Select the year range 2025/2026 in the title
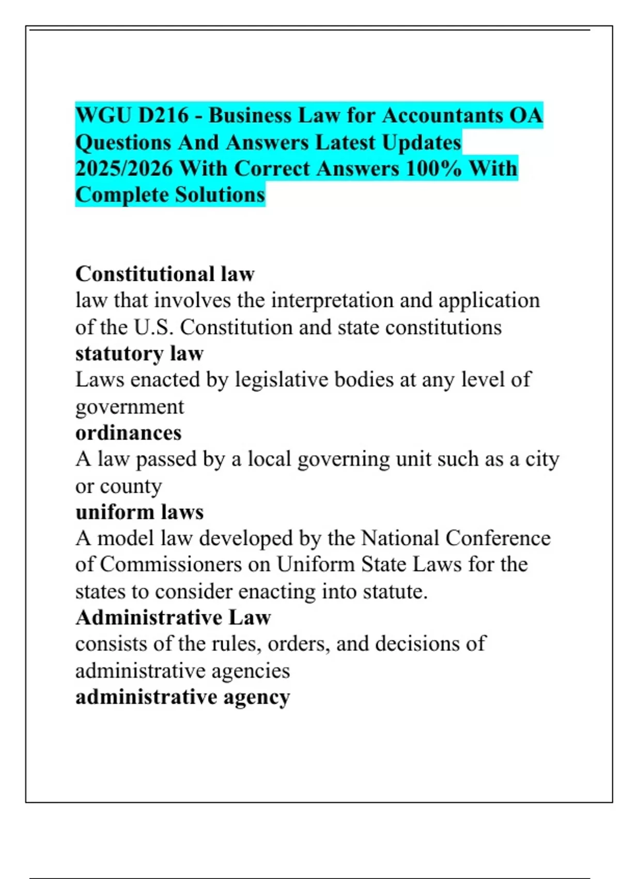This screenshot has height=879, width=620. pyautogui.click(x=124, y=169)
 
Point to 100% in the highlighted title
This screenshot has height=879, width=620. pyautogui.click(x=433, y=169)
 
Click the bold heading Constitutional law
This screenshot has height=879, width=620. pyautogui.click(x=165, y=274)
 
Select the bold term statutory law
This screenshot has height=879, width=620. pyautogui.click(x=139, y=354)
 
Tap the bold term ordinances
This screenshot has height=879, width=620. pyautogui.click(x=129, y=433)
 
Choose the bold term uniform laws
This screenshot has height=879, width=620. pyautogui.click(x=139, y=512)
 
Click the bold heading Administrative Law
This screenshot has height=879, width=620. pyautogui.click(x=173, y=617)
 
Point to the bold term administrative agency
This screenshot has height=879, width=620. pyautogui.click(x=182, y=697)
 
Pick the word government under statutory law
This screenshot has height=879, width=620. pyautogui.click(x=130, y=407)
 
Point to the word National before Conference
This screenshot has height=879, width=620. pyautogui.click(x=400, y=538)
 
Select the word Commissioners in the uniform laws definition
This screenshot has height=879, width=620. pyautogui.click(x=171, y=565)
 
